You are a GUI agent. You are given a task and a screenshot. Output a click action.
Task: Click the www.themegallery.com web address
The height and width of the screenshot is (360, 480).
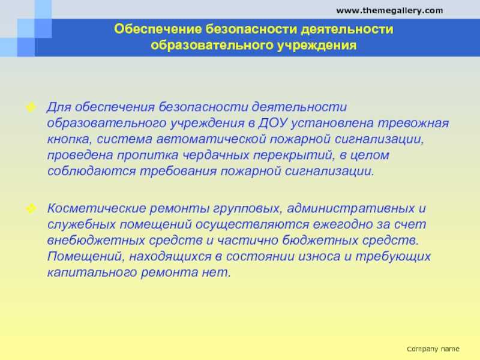pos(389,11)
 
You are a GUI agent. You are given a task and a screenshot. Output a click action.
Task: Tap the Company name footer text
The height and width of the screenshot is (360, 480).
pos(433,349)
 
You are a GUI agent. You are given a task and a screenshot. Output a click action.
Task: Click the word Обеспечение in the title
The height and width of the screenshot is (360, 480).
pos(158,29)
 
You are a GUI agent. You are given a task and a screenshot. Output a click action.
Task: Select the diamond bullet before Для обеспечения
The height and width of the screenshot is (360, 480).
pos(31,107)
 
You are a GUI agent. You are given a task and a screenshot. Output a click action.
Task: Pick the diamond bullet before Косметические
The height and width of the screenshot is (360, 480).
pos(31,209)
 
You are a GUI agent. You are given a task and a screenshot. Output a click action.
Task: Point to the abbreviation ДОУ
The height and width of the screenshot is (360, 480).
pos(273,123)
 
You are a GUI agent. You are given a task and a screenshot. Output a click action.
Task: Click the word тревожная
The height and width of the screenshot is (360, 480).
pos(413,123)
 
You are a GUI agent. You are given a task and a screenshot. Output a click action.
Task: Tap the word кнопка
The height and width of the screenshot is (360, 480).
pos(69,139)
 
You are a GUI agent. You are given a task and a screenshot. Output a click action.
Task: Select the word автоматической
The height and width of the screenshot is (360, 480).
pos(211,139)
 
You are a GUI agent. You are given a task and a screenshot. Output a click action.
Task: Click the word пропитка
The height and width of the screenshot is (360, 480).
pos(148,155)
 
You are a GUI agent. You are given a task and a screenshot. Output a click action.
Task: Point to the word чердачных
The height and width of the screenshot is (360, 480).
pos(216,155)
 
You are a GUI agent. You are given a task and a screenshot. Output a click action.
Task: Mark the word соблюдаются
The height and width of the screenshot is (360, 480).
pos(92,171)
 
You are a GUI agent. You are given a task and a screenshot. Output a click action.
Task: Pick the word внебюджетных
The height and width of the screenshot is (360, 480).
pos(96,241)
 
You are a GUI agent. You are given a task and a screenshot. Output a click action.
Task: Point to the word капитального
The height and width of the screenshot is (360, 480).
pos(92,272)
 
